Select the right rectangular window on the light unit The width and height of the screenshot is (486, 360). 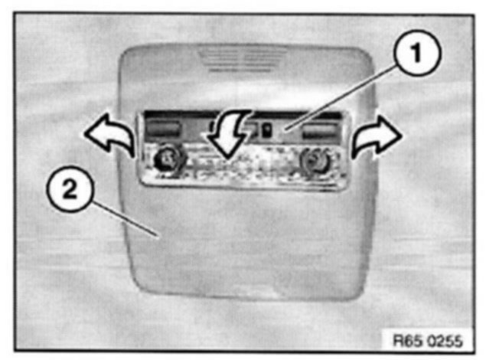[x=318, y=130]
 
